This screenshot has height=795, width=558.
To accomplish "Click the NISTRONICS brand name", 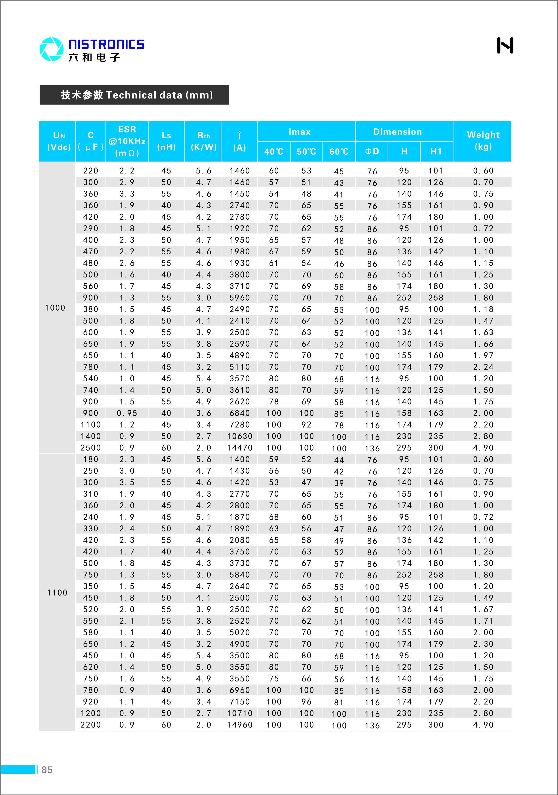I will pyautogui.click(x=106, y=44).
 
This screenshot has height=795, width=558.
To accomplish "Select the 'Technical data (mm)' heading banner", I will pyautogui.click(x=134, y=95).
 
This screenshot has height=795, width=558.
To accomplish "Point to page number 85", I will pyautogui.click(x=47, y=770).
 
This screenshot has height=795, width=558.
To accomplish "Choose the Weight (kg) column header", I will pyautogui.click(x=483, y=141).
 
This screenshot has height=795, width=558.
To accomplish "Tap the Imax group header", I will pyautogui.click(x=300, y=132).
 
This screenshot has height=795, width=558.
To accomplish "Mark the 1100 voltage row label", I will pyautogui.click(x=57, y=593).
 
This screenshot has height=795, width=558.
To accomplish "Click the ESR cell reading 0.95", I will pyautogui.click(x=127, y=413).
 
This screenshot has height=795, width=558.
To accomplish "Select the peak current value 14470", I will pyautogui.click(x=240, y=448).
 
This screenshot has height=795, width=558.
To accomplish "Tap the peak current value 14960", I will pyautogui.click(x=240, y=725).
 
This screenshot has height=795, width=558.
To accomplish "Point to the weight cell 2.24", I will pyautogui.click(x=483, y=367).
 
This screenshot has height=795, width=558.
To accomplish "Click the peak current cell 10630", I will pyautogui.click(x=240, y=436).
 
